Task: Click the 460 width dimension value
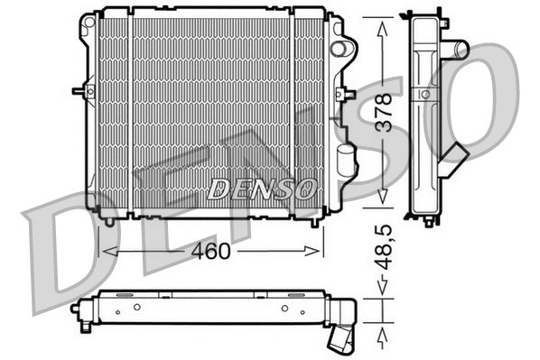pyautogui.click(x=209, y=251)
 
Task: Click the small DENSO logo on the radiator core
pyautogui.click(x=262, y=189)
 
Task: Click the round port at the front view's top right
pyautogui.click(x=340, y=48)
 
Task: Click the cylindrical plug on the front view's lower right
pyautogui.click(x=344, y=162)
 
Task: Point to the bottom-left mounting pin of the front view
pyautogui.click(x=109, y=219)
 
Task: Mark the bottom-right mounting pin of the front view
pyautogui.click(x=313, y=219)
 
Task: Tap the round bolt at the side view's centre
pyautogui.click(x=425, y=93)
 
